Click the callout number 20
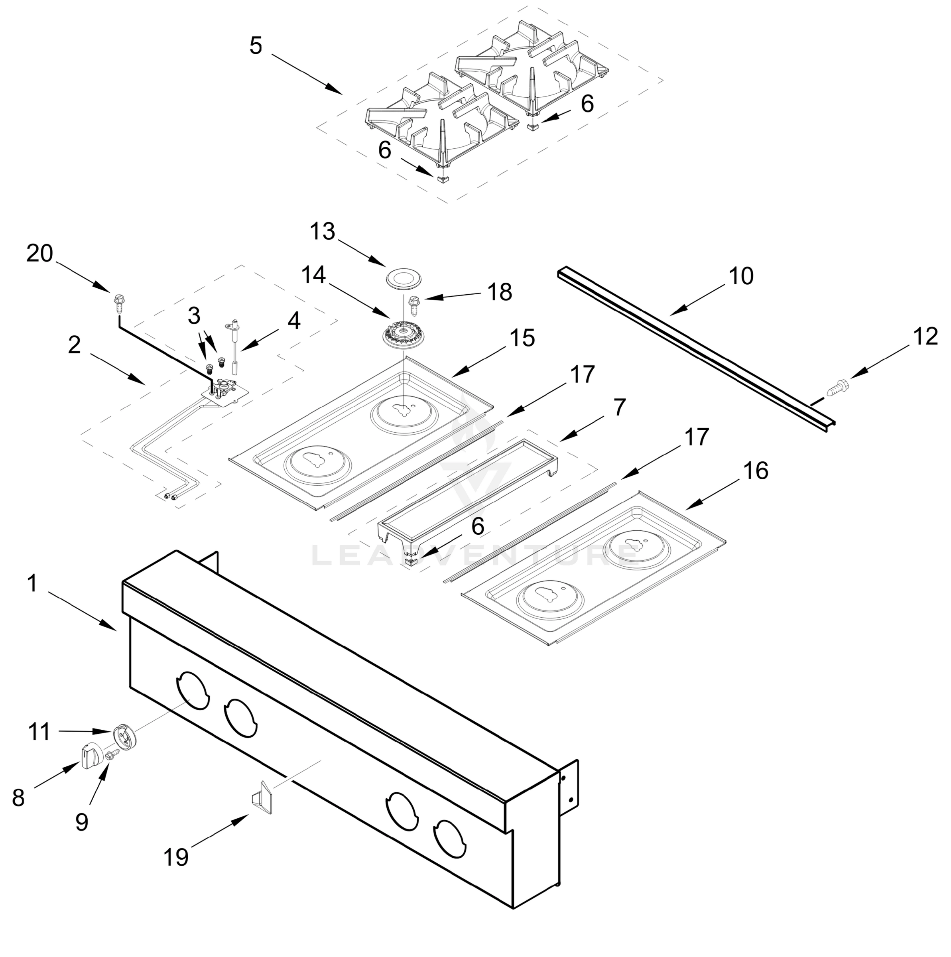(x=39, y=254)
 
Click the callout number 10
(x=741, y=276)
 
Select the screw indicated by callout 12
(x=838, y=385)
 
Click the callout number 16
(x=756, y=471)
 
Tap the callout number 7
(x=619, y=407)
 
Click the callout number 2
(x=74, y=345)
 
